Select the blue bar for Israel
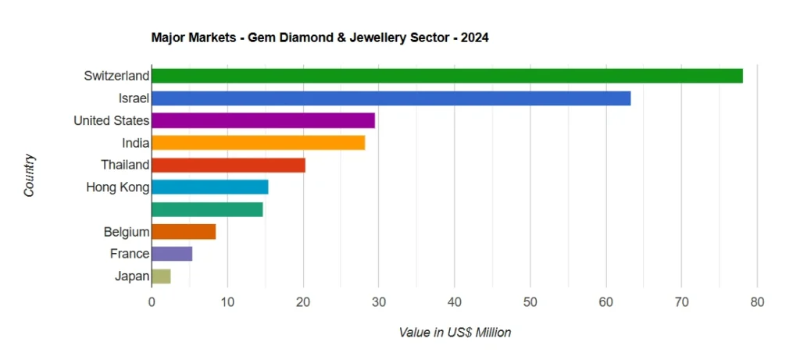[391, 98]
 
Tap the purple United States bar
[263, 120]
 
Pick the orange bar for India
[258, 143]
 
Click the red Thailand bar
[228, 165]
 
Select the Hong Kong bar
[209, 187]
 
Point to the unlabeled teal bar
[207, 209]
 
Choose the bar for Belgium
[184, 232]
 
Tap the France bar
[172, 254]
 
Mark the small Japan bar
[161, 276]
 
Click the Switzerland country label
[116, 76]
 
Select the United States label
[111, 120]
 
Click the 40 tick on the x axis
[454, 301]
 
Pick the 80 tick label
[756, 301]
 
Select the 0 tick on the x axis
[152, 301]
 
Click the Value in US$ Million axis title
[455, 333]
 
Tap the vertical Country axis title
[30, 176]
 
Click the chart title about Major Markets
[320, 37]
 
